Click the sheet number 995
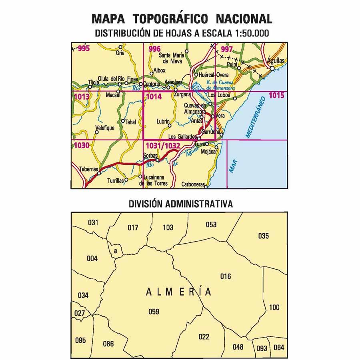(x=84, y=49)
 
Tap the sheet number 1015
(x=277, y=95)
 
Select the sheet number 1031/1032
(x=163, y=146)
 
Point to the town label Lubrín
(x=164, y=120)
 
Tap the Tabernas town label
(x=89, y=169)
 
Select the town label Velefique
(x=105, y=128)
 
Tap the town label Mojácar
(x=209, y=152)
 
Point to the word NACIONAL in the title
(x=244, y=18)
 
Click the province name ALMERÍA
(x=179, y=292)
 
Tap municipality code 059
(x=154, y=312)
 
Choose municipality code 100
(x=274, y=307)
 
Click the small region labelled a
(x=115, y=251)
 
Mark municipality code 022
(x=204, y=337)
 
